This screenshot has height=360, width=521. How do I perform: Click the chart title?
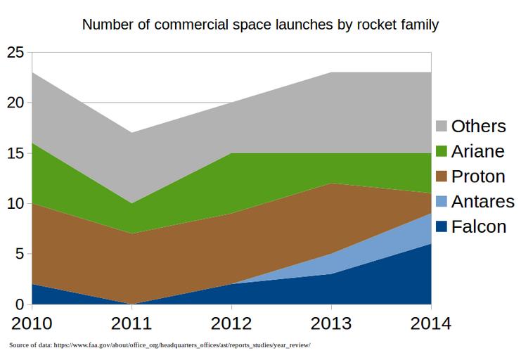[260, 25]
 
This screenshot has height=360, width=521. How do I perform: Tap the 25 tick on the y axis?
[15, 53]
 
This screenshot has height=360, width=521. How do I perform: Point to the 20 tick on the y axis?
[15, 103]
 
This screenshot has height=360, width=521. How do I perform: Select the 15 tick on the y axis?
[15, 153]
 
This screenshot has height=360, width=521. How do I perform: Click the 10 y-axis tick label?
[15, 204]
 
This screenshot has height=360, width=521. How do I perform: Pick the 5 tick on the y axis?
[20, 255]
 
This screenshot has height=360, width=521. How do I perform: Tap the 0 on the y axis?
[20, 304]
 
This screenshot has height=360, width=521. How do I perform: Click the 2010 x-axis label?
[32, 324]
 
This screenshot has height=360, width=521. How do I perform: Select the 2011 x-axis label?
[132, 324]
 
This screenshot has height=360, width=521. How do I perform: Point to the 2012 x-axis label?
[232, 324]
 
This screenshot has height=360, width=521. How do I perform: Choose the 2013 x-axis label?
[332, 324]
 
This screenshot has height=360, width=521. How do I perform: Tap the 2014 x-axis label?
[430, 324]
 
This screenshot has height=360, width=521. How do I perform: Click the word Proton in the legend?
[478, 176]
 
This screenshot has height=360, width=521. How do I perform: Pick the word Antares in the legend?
[483, 202]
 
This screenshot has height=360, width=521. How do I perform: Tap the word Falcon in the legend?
[479, 227]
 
